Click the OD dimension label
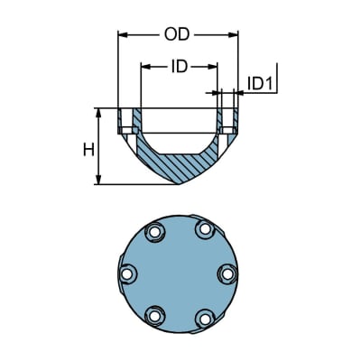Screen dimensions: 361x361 coord(178,35)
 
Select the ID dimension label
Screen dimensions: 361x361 coord(179,66)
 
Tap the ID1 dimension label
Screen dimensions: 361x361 coord(260,84)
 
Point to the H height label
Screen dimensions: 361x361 coord(88,148)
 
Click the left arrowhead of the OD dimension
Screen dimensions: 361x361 coord(124,35)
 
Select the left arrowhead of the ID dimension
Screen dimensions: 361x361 coord(144,66)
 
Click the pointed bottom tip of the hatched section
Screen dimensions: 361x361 coord(179,185)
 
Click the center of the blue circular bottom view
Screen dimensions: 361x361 coord(179,275)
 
